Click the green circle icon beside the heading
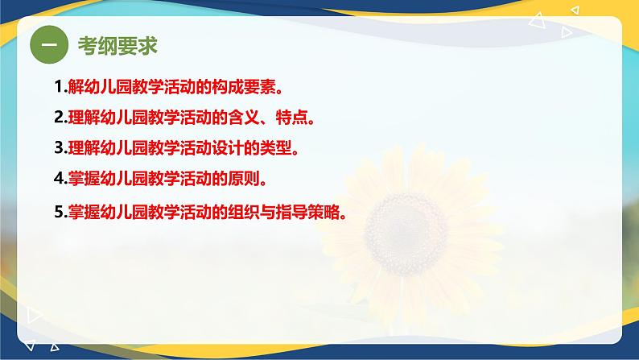pos(49,44)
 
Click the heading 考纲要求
pos(117,45)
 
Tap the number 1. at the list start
pos(60,87)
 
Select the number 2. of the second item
pos(60,118)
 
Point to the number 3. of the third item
pos(60,147)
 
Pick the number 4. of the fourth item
pos(60,178)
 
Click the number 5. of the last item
pos(60,212)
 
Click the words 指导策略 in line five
pos(307,212)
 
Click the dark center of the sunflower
pos(405,234)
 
